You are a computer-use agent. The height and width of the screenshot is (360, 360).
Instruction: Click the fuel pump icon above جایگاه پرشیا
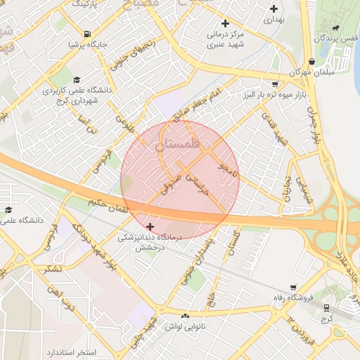point(87,34)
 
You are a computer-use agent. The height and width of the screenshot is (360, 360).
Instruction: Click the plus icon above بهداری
point(274,9)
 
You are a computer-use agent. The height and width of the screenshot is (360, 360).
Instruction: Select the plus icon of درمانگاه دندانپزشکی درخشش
point(150,226)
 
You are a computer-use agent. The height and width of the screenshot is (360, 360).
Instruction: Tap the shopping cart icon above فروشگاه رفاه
point(293,288)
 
